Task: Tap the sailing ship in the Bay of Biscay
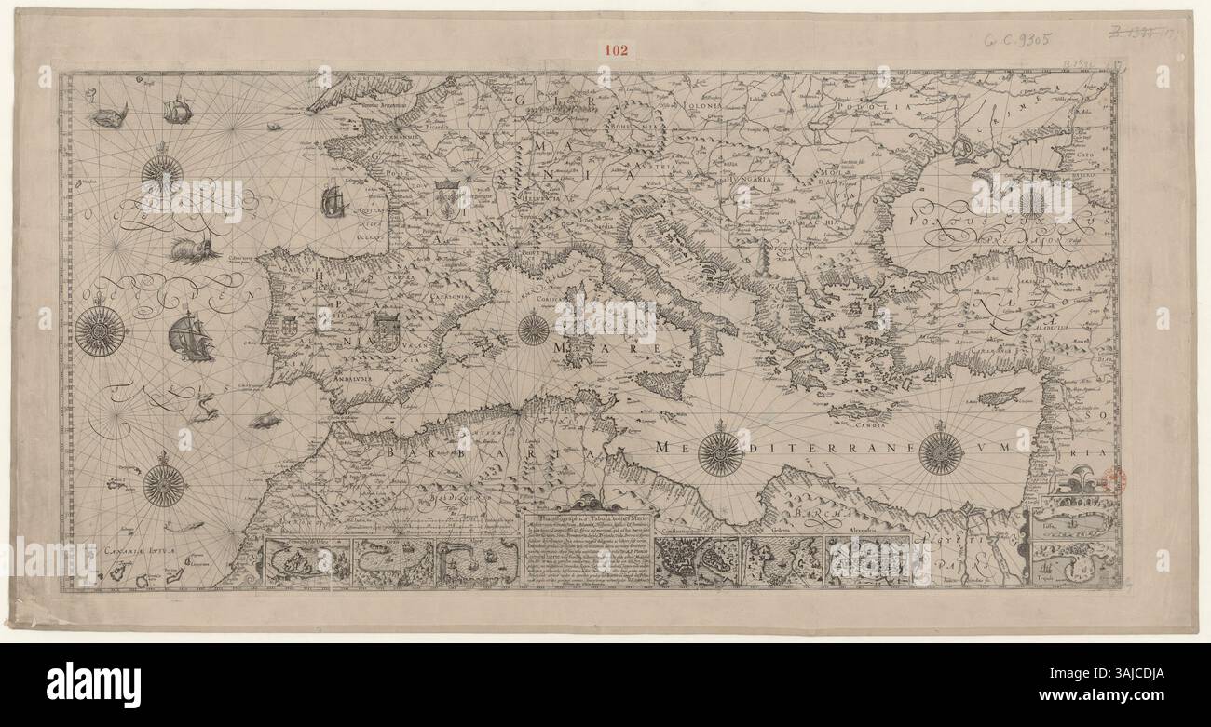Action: [332, 201]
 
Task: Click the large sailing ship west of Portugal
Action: [190, 336]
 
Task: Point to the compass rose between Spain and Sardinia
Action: [533, 329]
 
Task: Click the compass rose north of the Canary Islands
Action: [164, 484]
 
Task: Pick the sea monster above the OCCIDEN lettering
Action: [195, 249]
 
